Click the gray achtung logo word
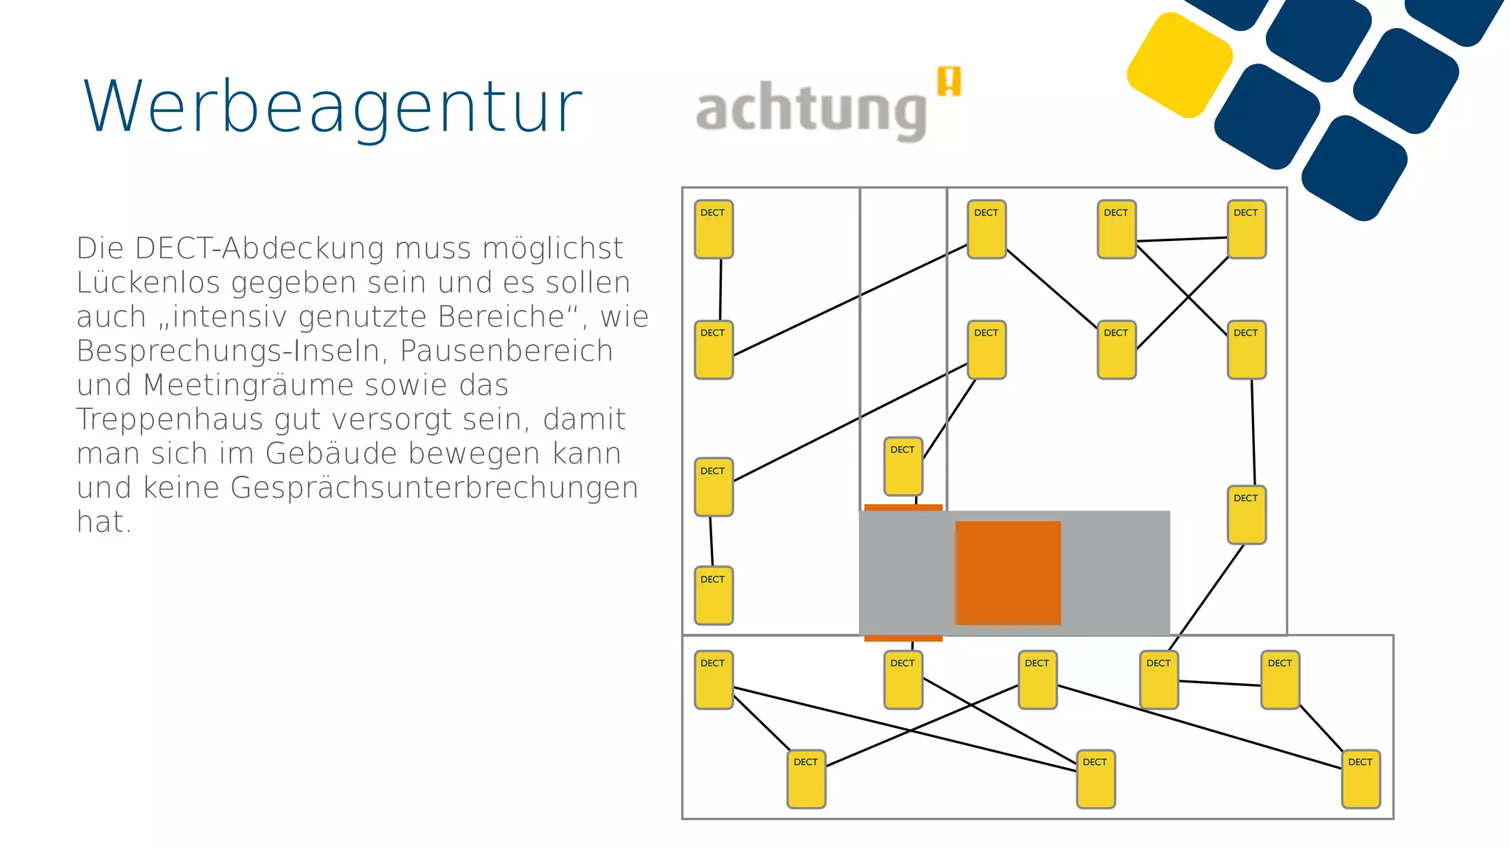[x=811, y=111]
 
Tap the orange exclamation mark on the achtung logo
[x=950, y=81]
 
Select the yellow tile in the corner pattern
[x=1180, y=65]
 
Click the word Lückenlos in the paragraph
[x=148, y=283]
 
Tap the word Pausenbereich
[x=507, y=352]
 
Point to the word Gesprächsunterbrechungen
[x=434, y=488]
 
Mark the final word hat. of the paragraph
[x=104, y=523]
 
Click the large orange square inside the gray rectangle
[x=1008, y=573]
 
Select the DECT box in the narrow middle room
[x=903, y=466]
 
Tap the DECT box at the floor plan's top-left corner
[x=714, y=229]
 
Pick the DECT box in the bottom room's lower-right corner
[x=1360, y=779]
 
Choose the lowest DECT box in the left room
[x=714, y=595]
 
